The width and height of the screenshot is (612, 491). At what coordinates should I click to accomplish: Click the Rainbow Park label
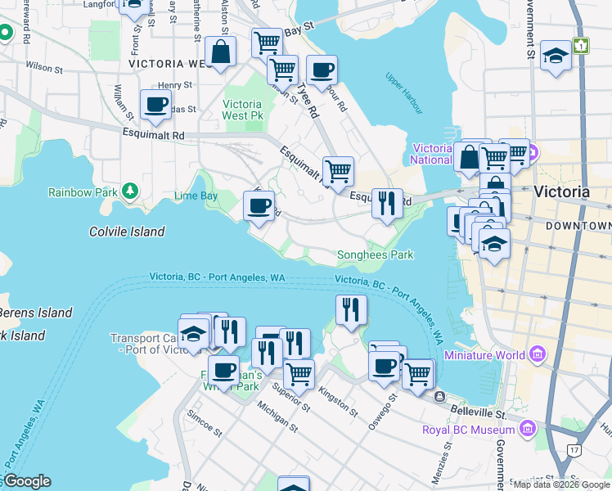(x=82, y=192)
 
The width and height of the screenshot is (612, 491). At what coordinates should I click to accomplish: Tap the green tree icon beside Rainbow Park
(x=128, y=191)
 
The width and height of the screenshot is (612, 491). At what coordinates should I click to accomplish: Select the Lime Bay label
(x=196, y=196)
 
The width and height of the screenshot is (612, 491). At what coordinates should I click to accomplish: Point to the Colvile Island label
(x=127, y=232)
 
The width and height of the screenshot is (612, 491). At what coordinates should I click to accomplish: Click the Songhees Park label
(x=376, y=255)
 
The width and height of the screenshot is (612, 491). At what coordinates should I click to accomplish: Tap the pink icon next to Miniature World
(x=537, y=355)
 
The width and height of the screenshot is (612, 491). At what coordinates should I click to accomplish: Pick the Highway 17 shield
(x=573, y=448)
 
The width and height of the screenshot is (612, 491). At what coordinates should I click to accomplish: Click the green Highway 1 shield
(x=580, y=46)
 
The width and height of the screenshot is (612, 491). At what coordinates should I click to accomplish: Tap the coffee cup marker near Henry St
(x=155, y=104)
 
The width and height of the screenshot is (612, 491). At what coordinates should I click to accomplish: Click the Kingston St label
(x=338, y=402)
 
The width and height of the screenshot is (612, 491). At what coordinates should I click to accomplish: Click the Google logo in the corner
(x=28, y=481)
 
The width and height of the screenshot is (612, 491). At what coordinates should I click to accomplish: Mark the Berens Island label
(x=36, y=313)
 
